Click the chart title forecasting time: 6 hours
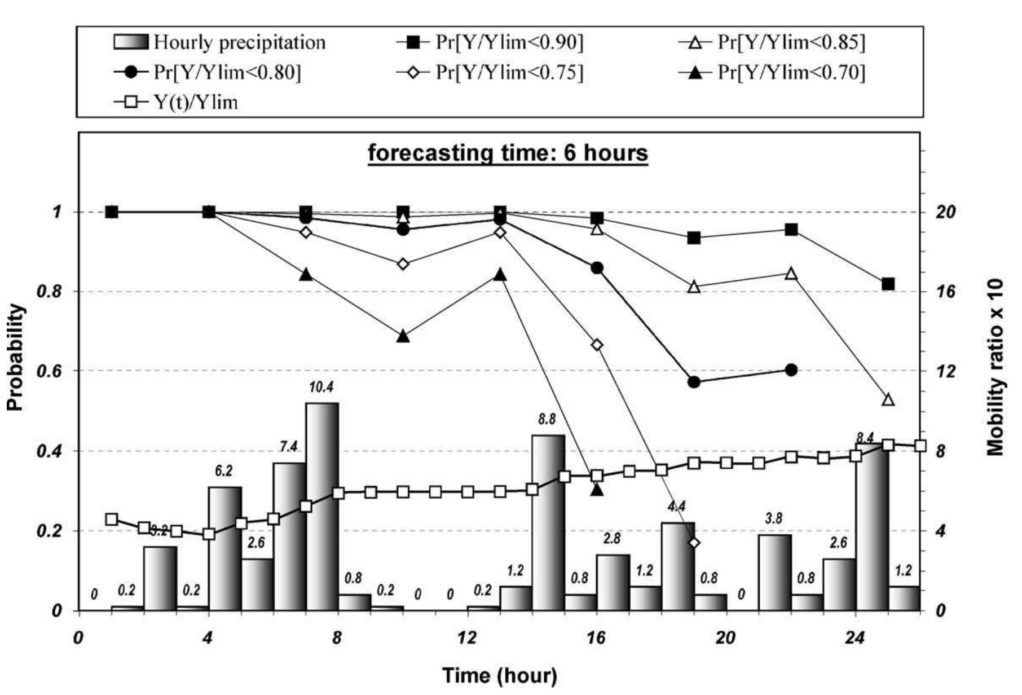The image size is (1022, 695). pyautogui.click(x=508, y=153)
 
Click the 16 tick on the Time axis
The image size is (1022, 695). pyautogui.click(x=596, y=638)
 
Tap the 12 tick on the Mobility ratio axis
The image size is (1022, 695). pyautogui.click(x=948, y=371)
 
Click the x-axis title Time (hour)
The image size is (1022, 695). pyautogui.click(x=499, y=675)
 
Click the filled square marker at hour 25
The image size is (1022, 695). pyautogui.click(x=888, y=284)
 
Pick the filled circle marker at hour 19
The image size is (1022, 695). pyautogui.click(x=694, y=382)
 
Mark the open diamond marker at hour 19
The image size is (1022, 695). pyautogui.click(x=694, y=543)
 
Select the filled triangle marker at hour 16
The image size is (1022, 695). pyautogui.click(x=597, y=490)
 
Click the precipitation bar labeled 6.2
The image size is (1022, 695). pyautogui.click(x=225, y=548)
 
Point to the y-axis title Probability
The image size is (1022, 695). pyautogui.click(x=16, y=358)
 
